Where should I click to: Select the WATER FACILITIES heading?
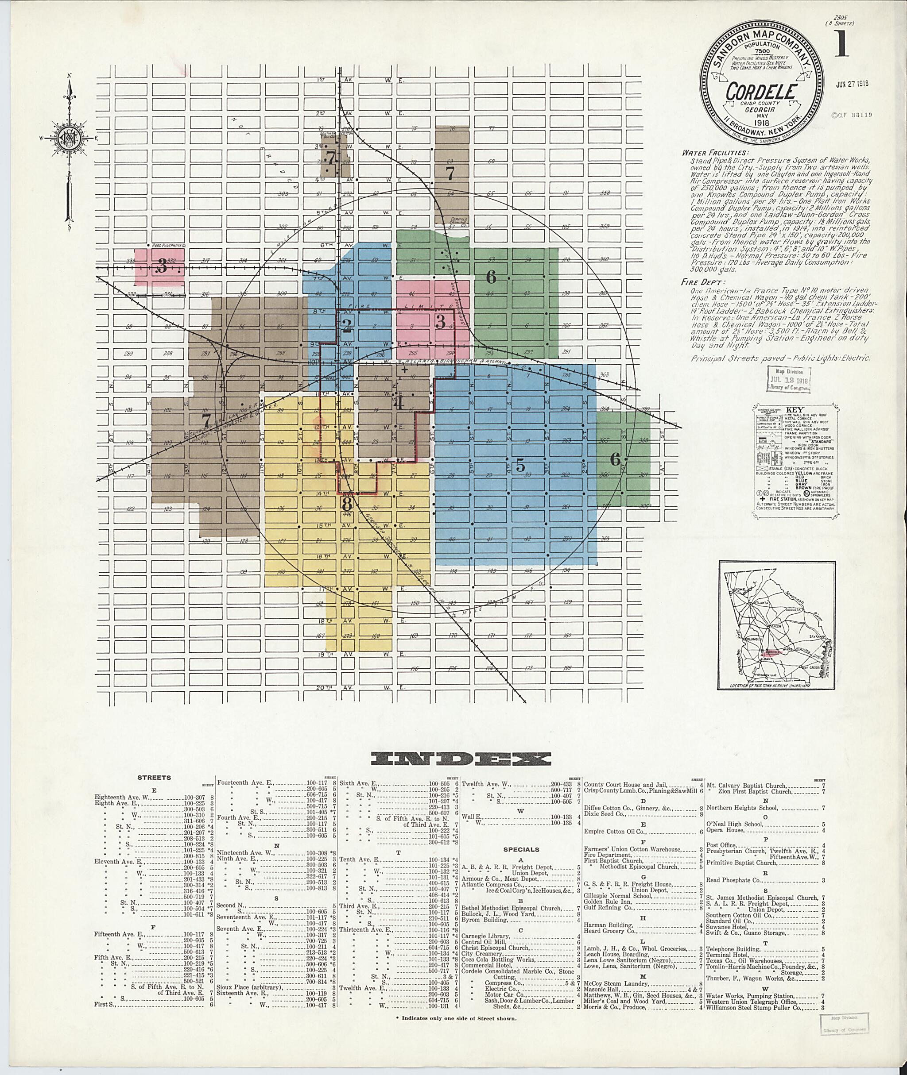pos(713,153)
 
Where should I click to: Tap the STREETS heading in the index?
pos(154,778)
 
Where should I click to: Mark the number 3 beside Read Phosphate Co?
pos(162,266)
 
